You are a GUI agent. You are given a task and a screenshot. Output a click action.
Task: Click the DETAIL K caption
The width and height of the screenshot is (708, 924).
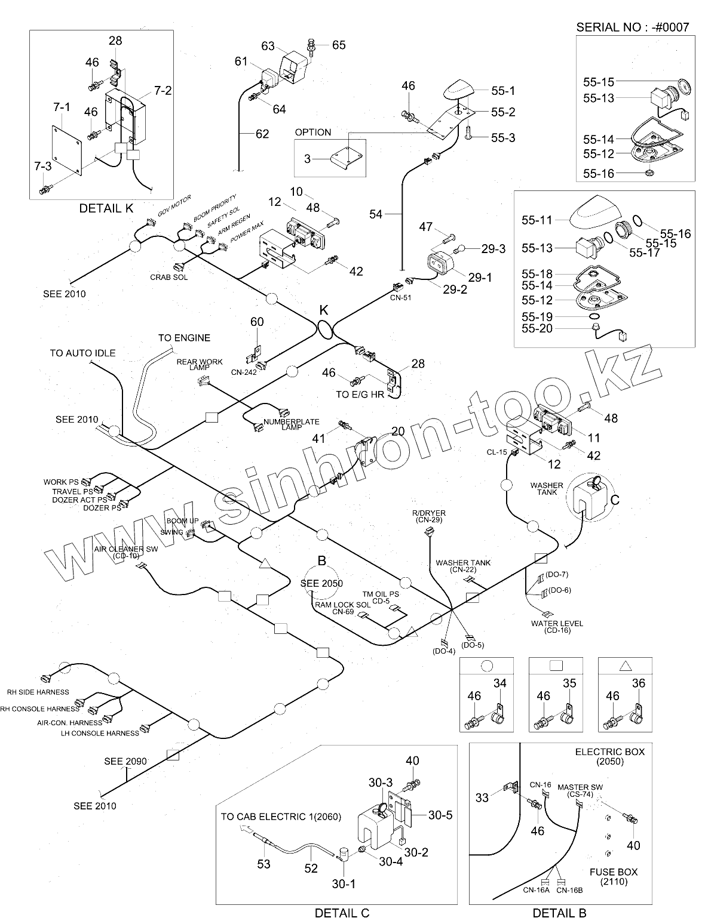point(106,208)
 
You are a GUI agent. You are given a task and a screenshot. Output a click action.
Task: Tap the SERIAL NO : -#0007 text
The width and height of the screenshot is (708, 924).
point(633,27)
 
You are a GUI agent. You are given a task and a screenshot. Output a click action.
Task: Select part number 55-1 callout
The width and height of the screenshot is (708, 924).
point(503,91)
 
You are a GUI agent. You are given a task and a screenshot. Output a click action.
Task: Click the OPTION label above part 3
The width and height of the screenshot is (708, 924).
point(313,132)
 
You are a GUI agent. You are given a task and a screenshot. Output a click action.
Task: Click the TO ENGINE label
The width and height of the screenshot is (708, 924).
point(184,338)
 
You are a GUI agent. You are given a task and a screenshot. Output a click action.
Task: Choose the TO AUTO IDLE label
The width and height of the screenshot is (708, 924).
point(82,353)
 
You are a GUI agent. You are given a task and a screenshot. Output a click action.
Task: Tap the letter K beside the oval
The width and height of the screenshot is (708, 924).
point(324,310)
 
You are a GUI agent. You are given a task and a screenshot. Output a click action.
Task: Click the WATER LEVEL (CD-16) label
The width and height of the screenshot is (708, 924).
point(549,627)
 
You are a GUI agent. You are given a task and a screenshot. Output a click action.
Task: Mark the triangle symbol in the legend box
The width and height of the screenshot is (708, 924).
point(625,667)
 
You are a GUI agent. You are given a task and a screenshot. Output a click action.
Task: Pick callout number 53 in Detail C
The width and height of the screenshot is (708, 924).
point(263,864)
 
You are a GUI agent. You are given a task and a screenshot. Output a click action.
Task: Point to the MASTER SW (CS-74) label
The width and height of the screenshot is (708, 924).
point(577,790)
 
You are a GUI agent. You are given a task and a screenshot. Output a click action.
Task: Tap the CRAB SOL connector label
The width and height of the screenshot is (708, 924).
point(165,278)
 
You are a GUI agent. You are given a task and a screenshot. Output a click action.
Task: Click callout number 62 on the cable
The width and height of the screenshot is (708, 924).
point(262,134)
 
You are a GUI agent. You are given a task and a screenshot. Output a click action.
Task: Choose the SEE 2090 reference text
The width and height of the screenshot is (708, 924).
point(125,761)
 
